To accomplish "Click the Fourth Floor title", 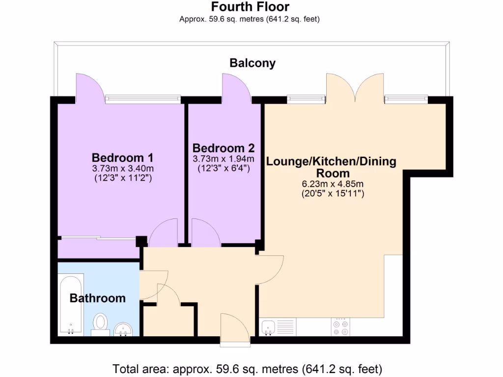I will pos(250,7).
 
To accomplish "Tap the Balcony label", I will pos(252,63).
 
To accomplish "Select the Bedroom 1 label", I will pos(122,158).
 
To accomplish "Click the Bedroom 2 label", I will pos(224,148).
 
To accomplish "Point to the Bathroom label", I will pos(97,298).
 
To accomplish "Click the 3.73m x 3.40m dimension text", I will pos(122,169).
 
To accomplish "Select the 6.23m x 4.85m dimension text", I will pos(332,184).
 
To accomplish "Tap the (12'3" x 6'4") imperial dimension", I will pos(224,168).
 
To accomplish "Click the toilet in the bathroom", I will pos(101,323).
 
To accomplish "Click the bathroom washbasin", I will pos(123,329).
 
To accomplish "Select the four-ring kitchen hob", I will pos(341,327).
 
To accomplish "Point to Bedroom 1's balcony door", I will pos(89,88).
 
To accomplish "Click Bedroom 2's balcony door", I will pos(235,87).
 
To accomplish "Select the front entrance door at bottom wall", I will pos(235,326).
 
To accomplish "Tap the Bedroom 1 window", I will pos(142,99).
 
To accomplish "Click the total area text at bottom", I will pos(248,368).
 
